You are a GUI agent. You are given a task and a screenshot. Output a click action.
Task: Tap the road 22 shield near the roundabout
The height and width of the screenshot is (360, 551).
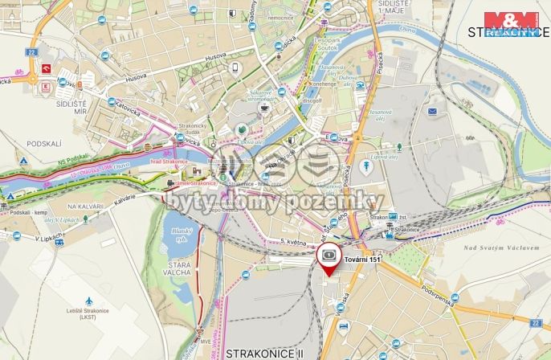[x=31, y=51]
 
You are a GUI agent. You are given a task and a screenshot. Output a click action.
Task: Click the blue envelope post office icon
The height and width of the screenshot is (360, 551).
[x=432, y=110]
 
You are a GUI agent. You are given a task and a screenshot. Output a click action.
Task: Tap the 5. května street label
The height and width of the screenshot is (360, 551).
[x=295, y=241]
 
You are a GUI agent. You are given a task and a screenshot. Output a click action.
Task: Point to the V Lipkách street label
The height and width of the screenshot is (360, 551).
[x=49, y=238]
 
